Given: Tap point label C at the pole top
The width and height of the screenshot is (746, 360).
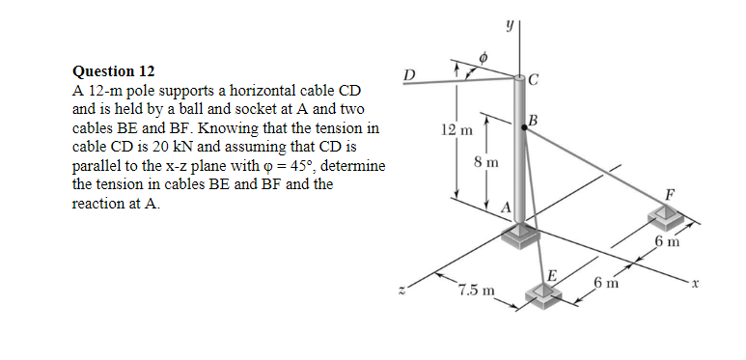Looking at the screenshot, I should coord(537,80).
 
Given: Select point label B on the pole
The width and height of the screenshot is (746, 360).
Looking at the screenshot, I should coord(532,120).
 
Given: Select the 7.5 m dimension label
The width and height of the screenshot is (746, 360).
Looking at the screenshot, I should coord(478,290).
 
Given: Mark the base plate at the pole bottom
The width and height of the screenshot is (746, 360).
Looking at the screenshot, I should coord(527,232).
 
